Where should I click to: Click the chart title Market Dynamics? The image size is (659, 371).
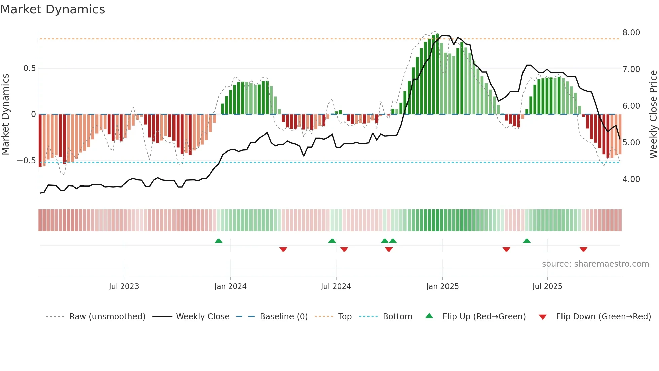click(53, 9)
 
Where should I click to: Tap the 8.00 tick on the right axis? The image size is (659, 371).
click(631, 33)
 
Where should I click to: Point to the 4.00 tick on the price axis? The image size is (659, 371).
click(631, 179)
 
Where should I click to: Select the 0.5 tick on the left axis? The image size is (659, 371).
click(29, 68)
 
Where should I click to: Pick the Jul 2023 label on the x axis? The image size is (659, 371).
click(124, 286)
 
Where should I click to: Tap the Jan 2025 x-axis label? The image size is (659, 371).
click(442, 286)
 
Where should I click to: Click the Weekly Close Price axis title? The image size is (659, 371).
click(653, 114)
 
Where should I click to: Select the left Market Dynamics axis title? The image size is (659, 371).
click(5, 114)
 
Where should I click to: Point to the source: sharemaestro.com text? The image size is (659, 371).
click(595, 264)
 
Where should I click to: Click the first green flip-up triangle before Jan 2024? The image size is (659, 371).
click(219, 241)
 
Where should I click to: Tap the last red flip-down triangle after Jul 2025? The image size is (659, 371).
click(583, 249)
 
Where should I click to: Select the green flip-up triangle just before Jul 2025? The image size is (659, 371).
click(527, 241)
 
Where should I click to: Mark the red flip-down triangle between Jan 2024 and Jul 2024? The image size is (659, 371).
click(283, 249)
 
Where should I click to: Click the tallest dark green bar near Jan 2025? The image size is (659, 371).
click(437, 74)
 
